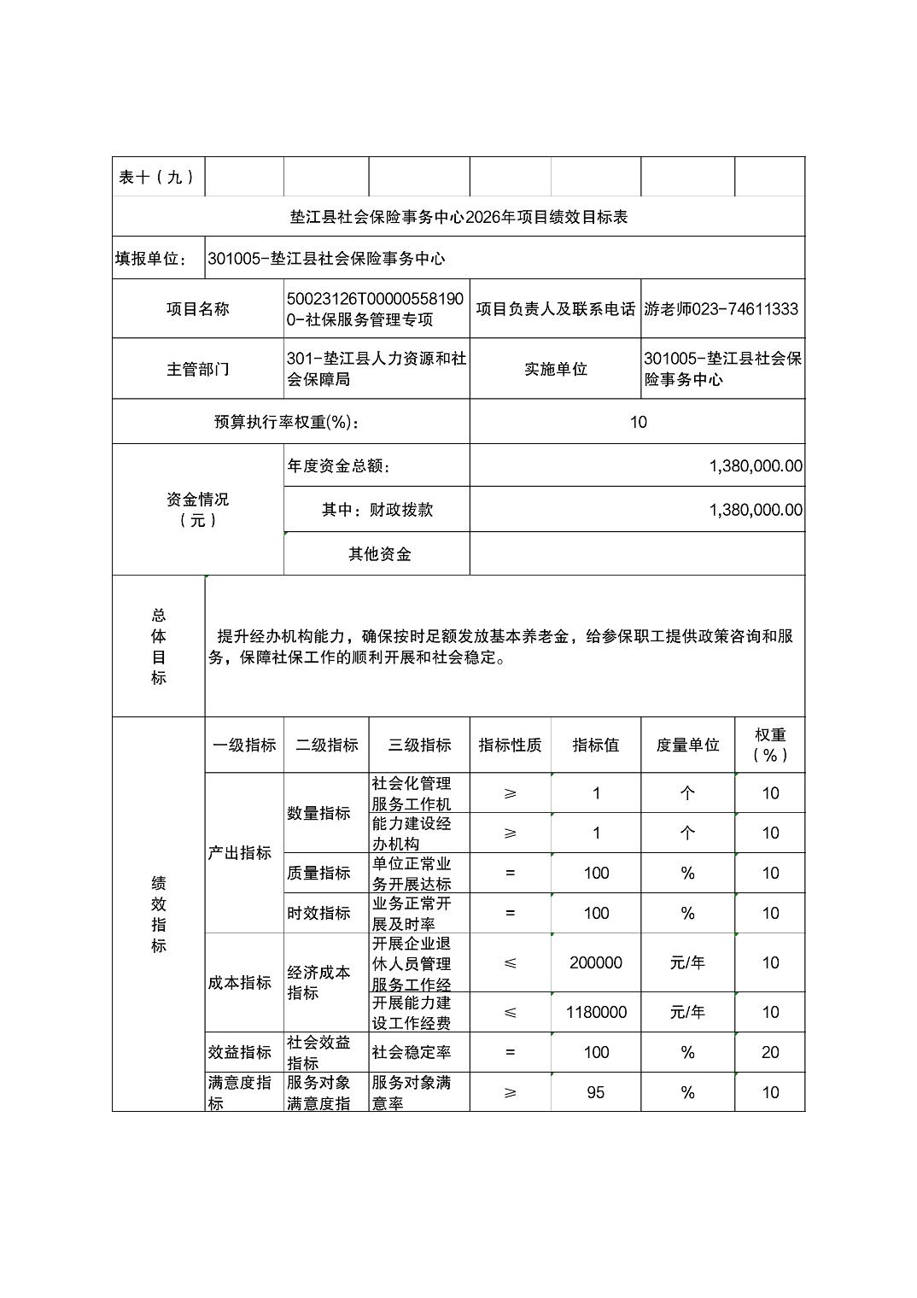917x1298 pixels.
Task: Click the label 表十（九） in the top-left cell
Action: point(157,177)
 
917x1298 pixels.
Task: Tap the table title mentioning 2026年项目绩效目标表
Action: point(458,217)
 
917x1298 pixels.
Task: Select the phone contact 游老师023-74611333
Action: point(721,308)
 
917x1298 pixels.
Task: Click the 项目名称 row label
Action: point(197,308)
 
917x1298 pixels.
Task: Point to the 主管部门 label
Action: point(197,369)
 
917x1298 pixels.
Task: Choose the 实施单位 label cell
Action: point(555,369)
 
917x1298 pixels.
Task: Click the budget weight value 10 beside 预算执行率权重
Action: point(638,422)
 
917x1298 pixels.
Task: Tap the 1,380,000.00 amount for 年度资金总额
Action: point(756,466)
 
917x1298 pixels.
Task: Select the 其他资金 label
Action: point(379,554)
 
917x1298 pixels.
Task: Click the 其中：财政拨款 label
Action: point(377,510)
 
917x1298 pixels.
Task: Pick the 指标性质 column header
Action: point(510,745)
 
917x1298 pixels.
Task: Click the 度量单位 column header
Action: point(687,745)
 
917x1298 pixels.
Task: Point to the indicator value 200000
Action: point(596,962)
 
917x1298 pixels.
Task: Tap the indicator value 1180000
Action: point(596,1012)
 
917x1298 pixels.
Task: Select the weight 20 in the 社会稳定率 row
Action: point(770,1052)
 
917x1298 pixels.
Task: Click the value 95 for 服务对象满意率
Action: point(596,1092)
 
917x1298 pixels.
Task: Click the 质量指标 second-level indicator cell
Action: point(318,873)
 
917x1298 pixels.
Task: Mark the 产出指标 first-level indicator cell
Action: point(240,852)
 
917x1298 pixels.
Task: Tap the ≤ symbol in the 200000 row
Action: point(510,962)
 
